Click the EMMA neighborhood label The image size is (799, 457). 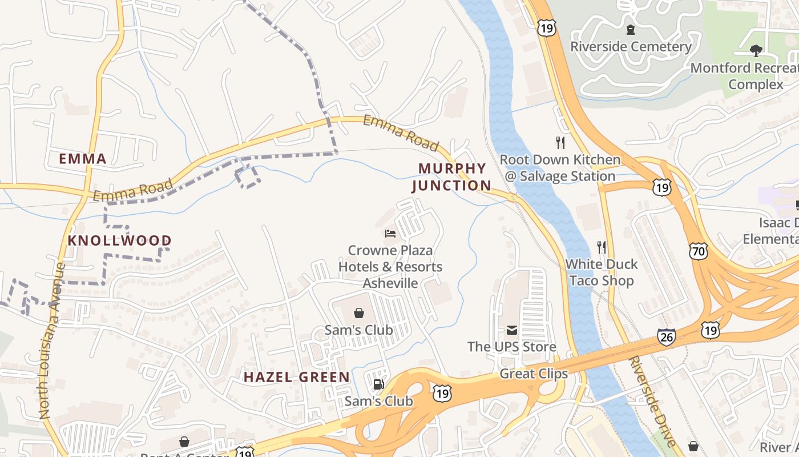pyautogui.click(x=83, y=159)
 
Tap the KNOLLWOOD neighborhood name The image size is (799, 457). pyautogui.click(x=119, y=240)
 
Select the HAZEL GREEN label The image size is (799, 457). pyautogui.click(x=297, y=377)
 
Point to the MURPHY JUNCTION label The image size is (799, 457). pyautogui.click(x=451, y=177)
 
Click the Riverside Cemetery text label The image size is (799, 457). pyautogui.click(x=631, y=46)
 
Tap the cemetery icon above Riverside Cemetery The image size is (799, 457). pyautogui.click(x=631, y=29)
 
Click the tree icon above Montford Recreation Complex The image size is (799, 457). pyautogui.click(x=756, y=51)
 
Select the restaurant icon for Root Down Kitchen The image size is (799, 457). pyautogui.click(x=560, y=142)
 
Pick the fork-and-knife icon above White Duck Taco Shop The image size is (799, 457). pyautogui.click(x=601, y=247)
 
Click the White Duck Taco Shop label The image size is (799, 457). pyautogui.click(x=602, y=272)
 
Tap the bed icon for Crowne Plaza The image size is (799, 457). pyautogui.click(x=390, y=233)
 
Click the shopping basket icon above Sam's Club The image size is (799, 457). pyautogui.click(x=359, y=312)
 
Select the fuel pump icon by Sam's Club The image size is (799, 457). pyautogui.click(x=378, y=384)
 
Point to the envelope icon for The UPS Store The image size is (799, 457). pyautogui.click(x=511, y=330)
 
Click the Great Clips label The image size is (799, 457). pyautogui.click(x=534, y=374)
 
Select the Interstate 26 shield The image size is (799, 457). pyautogui.click(x=666, y=337)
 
